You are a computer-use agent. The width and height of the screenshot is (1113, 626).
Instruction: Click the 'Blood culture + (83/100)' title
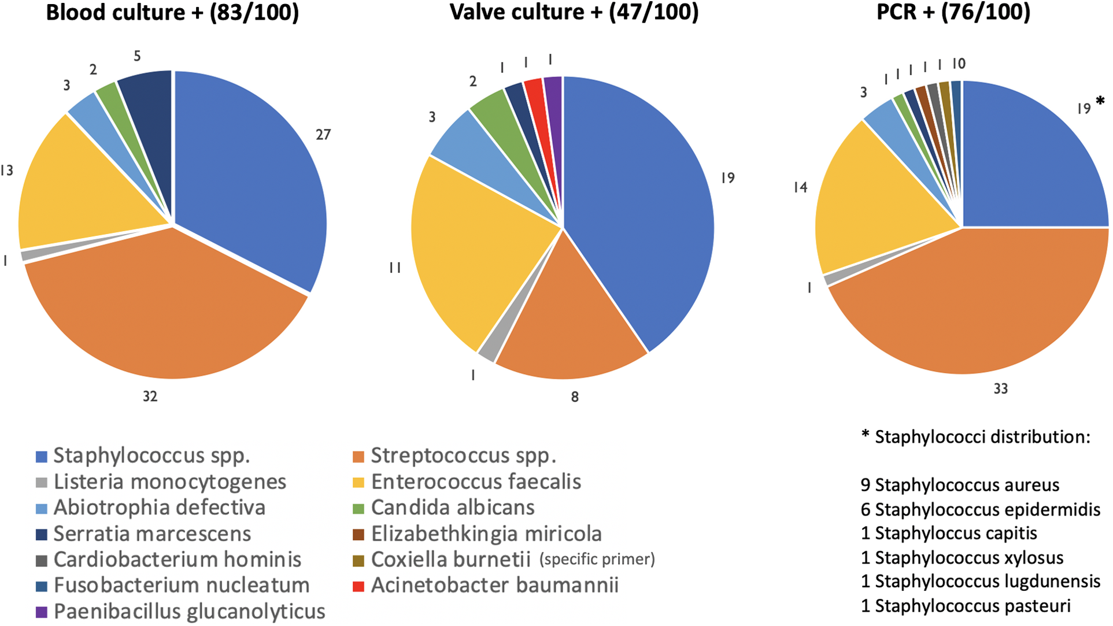[172, 12]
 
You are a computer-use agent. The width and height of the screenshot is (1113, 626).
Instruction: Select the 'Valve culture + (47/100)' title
[574, 12]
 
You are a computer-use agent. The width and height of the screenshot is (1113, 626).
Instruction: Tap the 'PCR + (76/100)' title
[953, 12]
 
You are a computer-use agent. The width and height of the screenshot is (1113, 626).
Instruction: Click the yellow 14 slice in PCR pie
[867, 197]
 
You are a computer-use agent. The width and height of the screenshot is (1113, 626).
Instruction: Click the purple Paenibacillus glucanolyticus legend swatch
[41, 612]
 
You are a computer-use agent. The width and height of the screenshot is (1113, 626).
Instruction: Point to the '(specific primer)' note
[597, 560]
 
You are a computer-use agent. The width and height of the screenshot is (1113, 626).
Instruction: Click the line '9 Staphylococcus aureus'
[960, 484]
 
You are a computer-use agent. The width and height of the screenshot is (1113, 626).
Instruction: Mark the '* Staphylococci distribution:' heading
[975, 436]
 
